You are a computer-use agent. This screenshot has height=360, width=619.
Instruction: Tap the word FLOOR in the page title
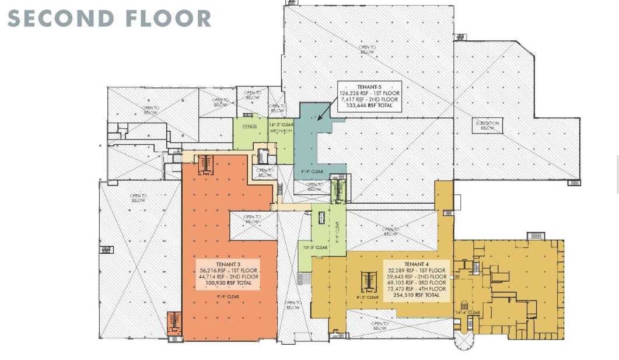(x=169, y=18)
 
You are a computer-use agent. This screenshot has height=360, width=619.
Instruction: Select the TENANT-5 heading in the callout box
(x=369, y=87)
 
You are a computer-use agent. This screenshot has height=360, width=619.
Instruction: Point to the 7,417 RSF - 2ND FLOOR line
(x=369, y=99)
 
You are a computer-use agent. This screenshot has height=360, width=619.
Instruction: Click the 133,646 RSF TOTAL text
(x=369, y=106)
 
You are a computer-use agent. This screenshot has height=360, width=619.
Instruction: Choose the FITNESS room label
(x=250, y=126)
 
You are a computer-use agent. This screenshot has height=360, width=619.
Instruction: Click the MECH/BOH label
(x=280, y=131)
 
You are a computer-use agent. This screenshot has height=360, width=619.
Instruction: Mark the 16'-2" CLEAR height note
(x=281, y=124)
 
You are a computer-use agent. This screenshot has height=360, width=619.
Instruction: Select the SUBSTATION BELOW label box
(x=487, y=125)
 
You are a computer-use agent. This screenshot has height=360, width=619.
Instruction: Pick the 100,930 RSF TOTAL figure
(x=228, y=283)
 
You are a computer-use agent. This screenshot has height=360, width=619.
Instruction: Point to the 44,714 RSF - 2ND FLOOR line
(x=228, y=277)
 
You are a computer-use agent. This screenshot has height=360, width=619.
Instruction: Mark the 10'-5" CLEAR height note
(x=314, y=247)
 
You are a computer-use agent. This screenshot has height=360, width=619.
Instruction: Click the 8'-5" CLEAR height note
(x=368, y=297)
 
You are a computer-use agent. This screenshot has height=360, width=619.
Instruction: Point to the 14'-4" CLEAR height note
(x=468, y=313)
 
